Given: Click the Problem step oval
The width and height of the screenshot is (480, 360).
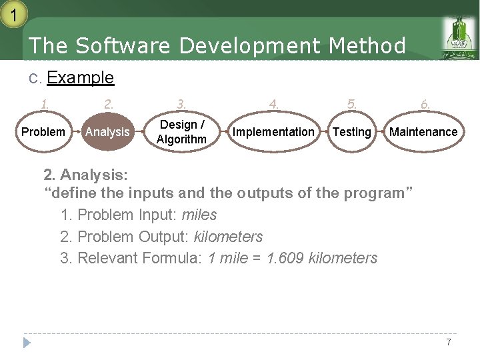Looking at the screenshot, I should point(43,132).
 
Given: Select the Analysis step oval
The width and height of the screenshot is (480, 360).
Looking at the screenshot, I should point(107,132).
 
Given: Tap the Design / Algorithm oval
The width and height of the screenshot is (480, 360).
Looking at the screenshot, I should point(181,132).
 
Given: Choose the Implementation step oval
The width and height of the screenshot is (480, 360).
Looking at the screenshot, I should point(273,132).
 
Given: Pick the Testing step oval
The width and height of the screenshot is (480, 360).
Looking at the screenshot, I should point(351,132).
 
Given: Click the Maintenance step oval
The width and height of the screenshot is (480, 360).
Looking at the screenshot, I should point(423,132).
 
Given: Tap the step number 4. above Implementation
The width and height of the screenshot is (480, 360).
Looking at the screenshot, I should point(273,104).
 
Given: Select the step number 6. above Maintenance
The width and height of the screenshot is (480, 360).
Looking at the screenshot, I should point(425,104).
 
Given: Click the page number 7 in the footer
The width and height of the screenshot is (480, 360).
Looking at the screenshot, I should point(449,342).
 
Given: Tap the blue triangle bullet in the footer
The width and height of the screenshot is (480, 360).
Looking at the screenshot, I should point(27,343).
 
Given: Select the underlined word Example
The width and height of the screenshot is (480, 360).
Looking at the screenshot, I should point(81,78).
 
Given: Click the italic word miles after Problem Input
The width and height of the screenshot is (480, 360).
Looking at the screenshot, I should point(199,215).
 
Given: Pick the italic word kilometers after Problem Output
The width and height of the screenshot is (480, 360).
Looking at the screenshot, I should point(228,237).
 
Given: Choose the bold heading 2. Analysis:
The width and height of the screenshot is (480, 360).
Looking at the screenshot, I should point(86,175).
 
